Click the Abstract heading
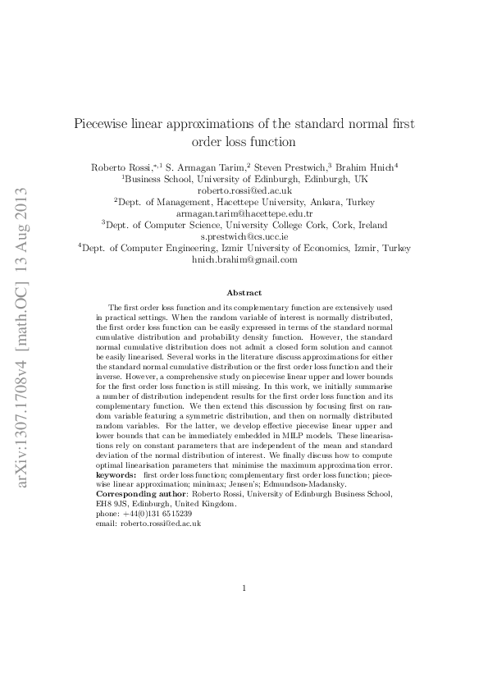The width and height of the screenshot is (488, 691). coord(244,292)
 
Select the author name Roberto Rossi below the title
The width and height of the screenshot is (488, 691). coord(118,167)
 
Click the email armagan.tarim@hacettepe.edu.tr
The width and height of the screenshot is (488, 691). coord(244,212)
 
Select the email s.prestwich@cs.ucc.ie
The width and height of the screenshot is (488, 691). coord(244,235)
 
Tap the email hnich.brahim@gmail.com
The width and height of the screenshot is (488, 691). coord(244,259)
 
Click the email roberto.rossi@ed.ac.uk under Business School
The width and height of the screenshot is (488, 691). coord(244,190)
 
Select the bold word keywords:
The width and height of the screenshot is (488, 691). coord(116,475)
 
